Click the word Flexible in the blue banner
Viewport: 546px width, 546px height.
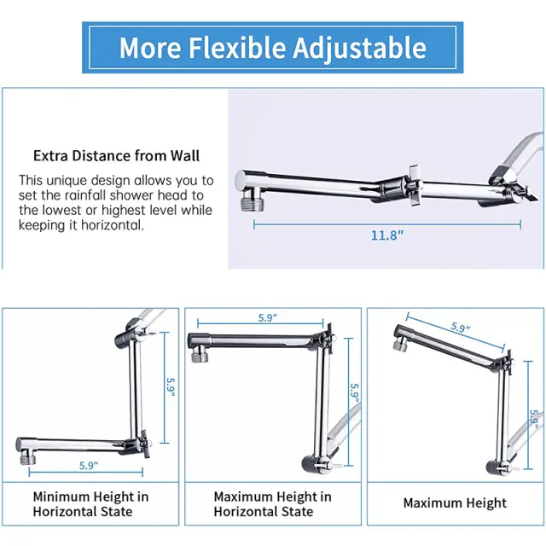238,48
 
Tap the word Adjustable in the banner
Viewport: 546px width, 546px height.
360,49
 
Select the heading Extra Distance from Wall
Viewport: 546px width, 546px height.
116,155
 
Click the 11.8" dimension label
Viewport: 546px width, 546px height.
386,235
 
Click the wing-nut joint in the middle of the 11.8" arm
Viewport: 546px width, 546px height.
413,185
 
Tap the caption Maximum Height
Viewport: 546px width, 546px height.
455,503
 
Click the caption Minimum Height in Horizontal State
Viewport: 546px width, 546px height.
91,504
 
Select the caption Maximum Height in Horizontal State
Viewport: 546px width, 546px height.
273,504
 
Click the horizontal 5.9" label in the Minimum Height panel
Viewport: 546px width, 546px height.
89,465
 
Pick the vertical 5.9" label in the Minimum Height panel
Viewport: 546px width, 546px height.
171,387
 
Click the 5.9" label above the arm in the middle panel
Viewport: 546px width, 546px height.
267,317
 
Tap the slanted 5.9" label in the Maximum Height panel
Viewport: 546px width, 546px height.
461,328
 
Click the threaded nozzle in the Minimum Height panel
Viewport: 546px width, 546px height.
27,458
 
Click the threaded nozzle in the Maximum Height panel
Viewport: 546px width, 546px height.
400,345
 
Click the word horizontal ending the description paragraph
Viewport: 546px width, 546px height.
113,225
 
